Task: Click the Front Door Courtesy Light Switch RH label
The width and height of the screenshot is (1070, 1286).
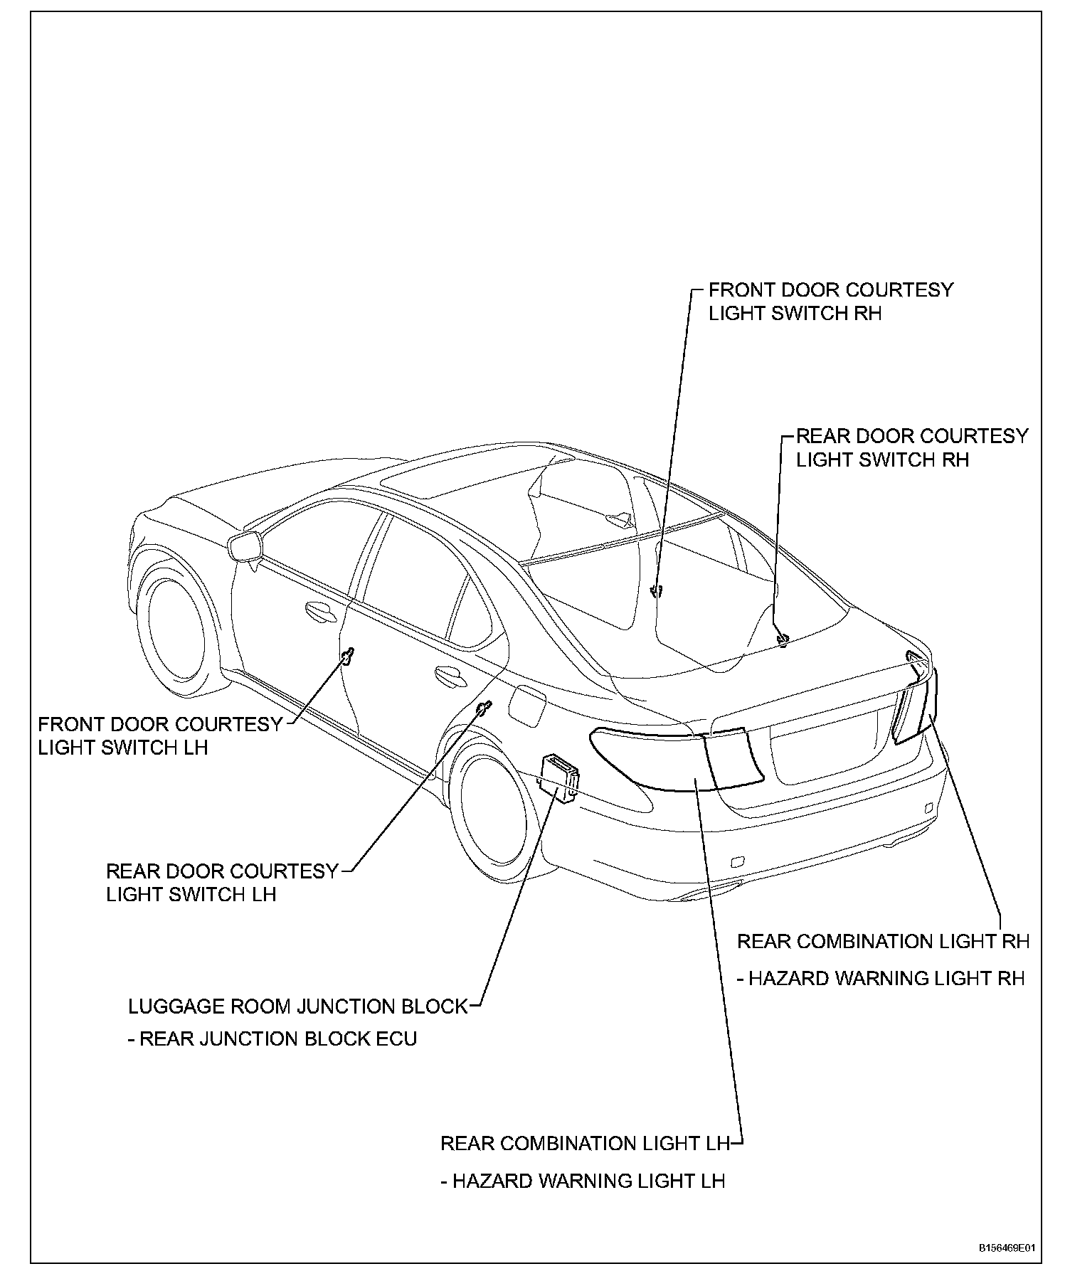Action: pos(830,302)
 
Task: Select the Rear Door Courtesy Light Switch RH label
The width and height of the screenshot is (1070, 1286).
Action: pos(911,447)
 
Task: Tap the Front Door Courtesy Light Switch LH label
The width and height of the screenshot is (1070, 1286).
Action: pos(160,735)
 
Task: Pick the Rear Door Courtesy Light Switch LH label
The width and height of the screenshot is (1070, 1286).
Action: pos(222,882)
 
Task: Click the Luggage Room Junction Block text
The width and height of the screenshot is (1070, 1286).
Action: pos(298,1006)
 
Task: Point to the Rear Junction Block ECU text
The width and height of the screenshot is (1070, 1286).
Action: pos(272,1039)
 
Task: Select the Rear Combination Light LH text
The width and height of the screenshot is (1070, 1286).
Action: pos(586,1144)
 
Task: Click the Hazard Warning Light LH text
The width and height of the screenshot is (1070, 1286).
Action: pos(583,1181)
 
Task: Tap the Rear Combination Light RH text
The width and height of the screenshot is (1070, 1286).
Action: pos(883,942)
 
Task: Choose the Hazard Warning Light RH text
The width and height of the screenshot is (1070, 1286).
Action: pos(881,979)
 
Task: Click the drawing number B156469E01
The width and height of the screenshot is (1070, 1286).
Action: pos(1006,1248)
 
